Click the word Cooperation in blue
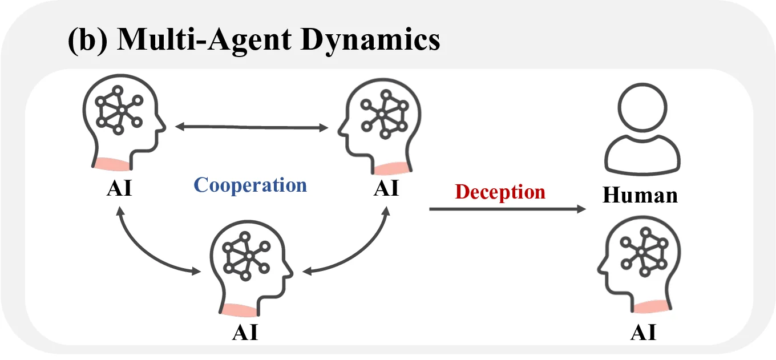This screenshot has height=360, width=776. coord(250,185)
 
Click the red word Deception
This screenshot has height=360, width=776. coord(500,192)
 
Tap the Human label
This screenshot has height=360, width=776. coord(640,196)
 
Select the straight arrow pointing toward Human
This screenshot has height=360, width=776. coord(507,210)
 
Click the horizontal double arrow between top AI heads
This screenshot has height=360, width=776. coord(252,127)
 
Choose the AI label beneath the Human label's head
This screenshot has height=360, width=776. coord(643,332)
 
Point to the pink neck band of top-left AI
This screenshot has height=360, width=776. coord(113,164)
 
